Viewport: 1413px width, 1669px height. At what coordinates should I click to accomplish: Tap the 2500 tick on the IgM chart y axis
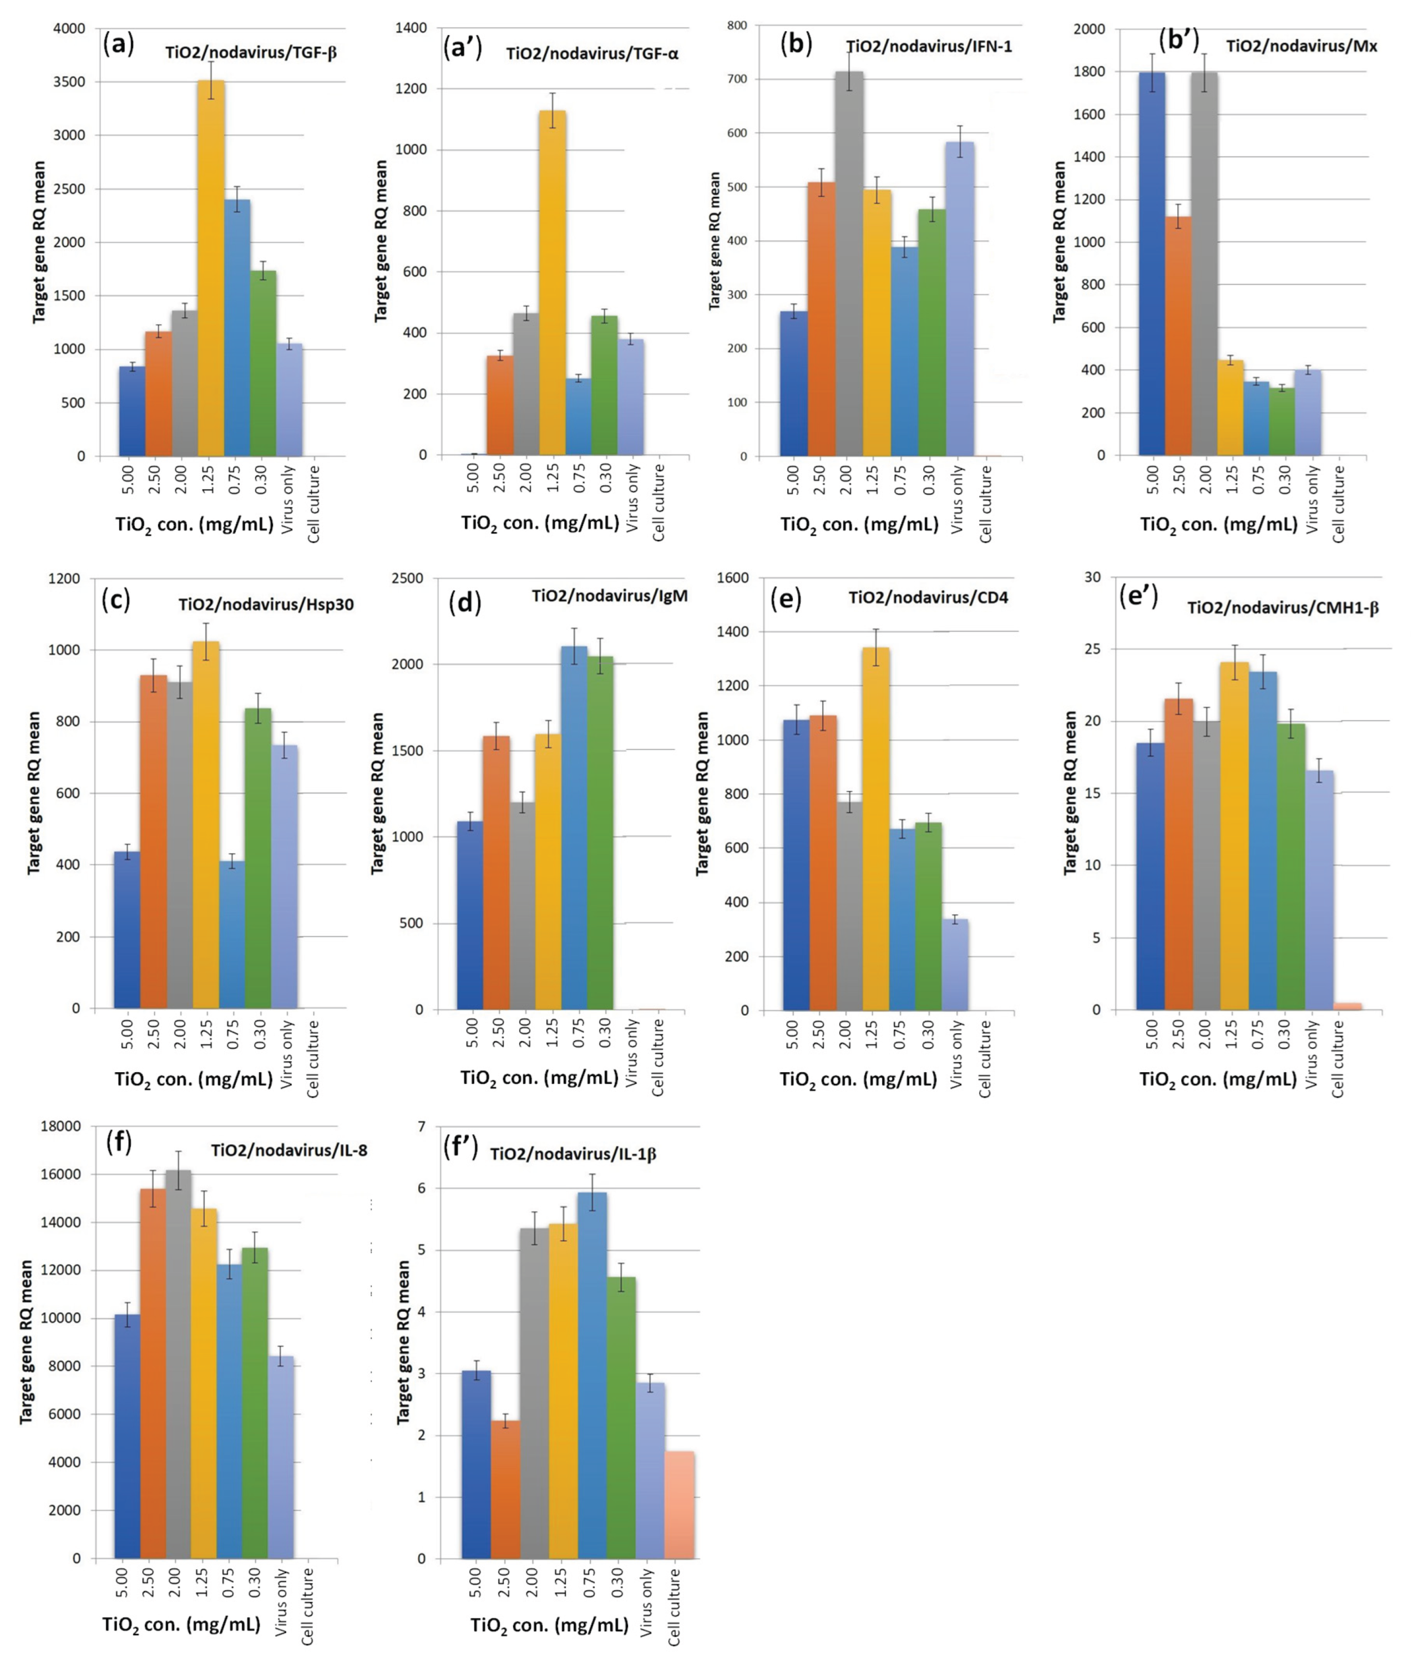(415, 579)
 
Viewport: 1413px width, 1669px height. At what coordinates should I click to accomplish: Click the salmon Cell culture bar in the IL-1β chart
(679, 1505)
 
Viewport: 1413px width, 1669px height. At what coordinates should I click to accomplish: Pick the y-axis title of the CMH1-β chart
(1070, 793)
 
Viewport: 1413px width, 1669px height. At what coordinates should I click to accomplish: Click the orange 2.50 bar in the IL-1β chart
(505, 1490)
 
